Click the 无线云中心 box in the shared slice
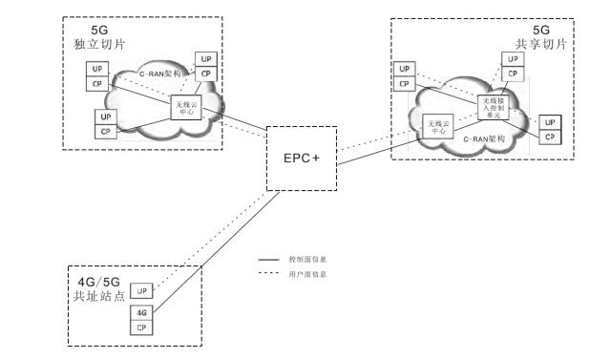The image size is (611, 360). coord(438,128)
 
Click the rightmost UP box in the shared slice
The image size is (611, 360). coord(548,122)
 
